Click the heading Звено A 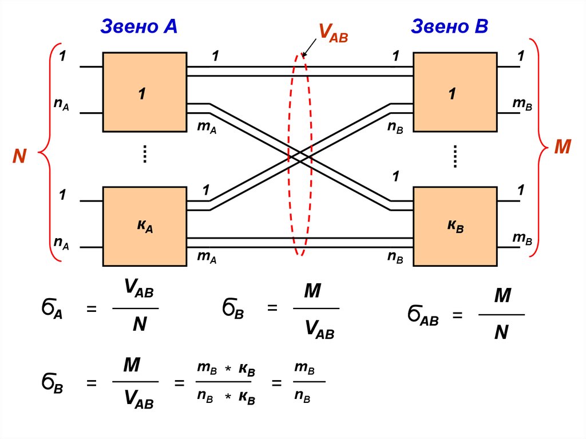139,26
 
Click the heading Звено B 449,26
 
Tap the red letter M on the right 563,147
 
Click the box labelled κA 144,226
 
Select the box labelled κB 456,226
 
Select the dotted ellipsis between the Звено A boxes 145,155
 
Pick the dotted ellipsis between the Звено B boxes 456,156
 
